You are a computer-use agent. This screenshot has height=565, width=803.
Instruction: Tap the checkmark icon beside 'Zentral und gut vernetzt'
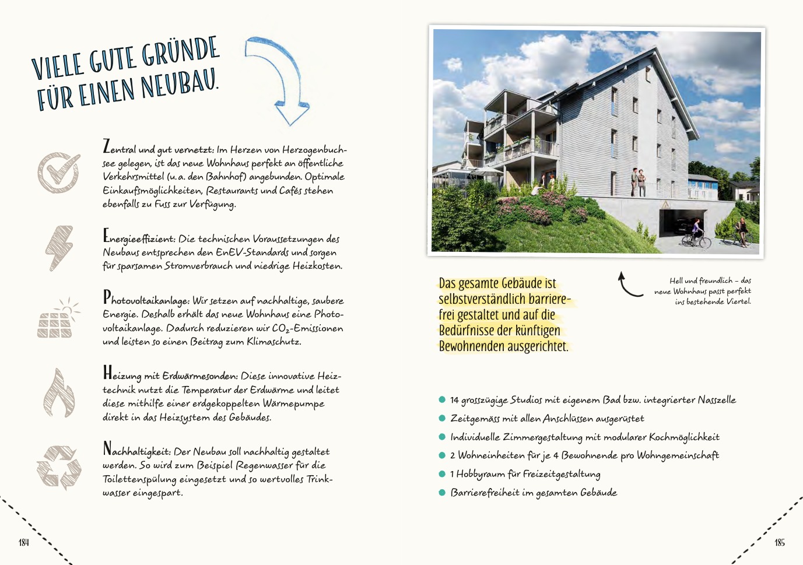click(58, 173)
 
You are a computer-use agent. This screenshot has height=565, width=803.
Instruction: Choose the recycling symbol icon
click(58, 467)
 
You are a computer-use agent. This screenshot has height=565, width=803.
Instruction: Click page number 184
click(23, 543)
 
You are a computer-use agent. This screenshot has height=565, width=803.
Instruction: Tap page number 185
click(780, 543)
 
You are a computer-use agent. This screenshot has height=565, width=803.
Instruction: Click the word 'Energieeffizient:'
click(139, 238)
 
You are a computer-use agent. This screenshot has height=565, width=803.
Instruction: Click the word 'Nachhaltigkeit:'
click(137, 451)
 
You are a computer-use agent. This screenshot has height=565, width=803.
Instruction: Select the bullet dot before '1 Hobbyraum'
click(442, 473)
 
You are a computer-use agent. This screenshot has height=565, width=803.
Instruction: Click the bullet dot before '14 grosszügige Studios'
click(442, 399)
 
